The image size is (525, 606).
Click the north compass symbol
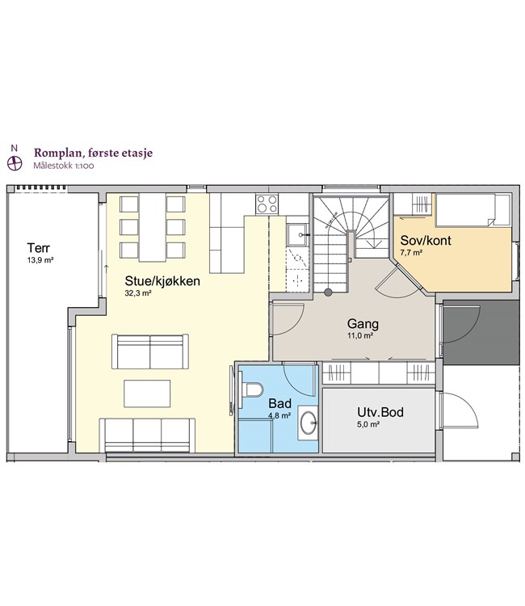tap(15, 163)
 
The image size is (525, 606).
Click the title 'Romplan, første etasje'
tap(93, 153)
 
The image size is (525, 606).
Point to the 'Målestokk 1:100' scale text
tap(64, 166)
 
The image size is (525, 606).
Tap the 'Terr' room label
tap(38, 247)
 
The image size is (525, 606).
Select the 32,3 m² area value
tap(137, 293)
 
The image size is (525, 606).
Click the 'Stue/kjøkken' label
tap(162, 281)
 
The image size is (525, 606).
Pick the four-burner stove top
tap(267, 204)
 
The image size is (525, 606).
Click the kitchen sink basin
tap(296, 235)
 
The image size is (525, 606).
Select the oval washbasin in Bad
tap(309, 423)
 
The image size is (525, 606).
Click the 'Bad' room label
tap(279, 404)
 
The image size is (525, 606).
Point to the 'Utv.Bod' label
tap(380, 412)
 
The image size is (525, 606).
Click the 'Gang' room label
tap(363, 324)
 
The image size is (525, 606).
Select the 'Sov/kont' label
tap(426, 241)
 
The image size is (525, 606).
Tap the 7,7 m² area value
tap(411, 253)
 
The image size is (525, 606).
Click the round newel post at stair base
tap(328, 292)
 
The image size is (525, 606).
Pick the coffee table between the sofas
tap(147, 393)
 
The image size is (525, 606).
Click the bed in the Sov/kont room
tap(472, 210)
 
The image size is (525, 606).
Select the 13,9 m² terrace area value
tap(40, 259)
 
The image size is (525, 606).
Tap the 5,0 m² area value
tap(368, 424)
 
